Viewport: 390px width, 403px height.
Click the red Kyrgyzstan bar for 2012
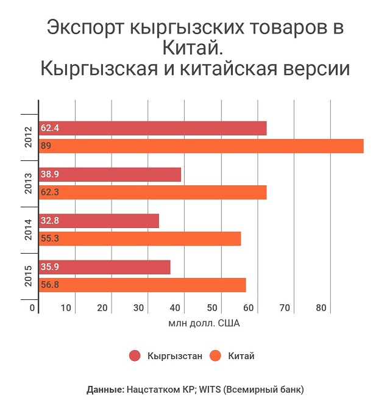pyautogui.click(x=152, y=129)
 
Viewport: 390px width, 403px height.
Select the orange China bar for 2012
pyautogui.click(x=201, y=146)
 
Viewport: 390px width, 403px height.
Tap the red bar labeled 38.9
pyautogui.click(x=110, y=174)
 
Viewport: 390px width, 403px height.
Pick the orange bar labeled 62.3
pyautogui.click(x=152, y=193)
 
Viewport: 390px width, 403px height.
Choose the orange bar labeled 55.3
pyautogui.click(x=140, y=238)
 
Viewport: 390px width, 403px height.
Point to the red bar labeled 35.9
pyautogui.click(x=104, y=267)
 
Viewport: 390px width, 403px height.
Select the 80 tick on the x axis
pyautogui.click(x=322, y=308)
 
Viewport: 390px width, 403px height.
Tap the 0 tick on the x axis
pyautogui.click(x=32, y=308)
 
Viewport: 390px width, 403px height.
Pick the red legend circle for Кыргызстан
pyautogui.click(x=135, y=356)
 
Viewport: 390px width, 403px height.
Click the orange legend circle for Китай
pyautogui.click(x=215, y=356)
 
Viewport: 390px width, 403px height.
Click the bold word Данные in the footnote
pyautogui.click(x=105, y=388)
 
